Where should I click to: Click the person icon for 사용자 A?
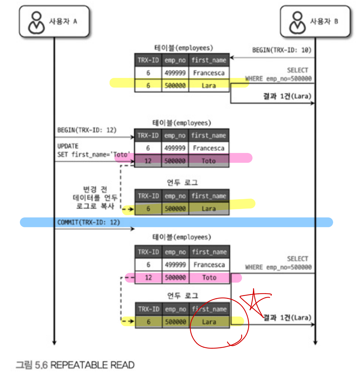click(x=36, y=22)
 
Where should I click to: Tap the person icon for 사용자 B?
click(x=297, y=22)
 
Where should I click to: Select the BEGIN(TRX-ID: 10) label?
click(x=282, y=50)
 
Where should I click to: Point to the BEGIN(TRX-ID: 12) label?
click(x=87, y=130)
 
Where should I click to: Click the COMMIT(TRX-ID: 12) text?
click(x=88, y=222)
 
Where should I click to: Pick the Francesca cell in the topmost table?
click(x=209, y=73)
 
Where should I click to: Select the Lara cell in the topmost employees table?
click(x=209, y=86)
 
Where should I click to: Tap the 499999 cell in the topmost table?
click(x=175, y=73)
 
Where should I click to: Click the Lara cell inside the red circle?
click(x=209, y=322)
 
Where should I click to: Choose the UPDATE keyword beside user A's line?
click(x=68, y=146)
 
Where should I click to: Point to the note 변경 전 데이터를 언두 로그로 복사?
click(x=95, y=198)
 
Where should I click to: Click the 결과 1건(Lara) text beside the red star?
click(x=287, y=318)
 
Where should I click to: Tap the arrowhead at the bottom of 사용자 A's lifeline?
click(x=54, y=342)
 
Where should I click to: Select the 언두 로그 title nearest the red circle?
click(x=182, y=295)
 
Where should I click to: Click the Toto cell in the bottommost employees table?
click(x=209, y=278)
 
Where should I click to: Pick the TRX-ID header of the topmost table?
click(x=148, y=60)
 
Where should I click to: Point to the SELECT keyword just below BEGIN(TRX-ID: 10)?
click(x=297, y=70)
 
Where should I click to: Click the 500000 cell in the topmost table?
click(x=175, y=86)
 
